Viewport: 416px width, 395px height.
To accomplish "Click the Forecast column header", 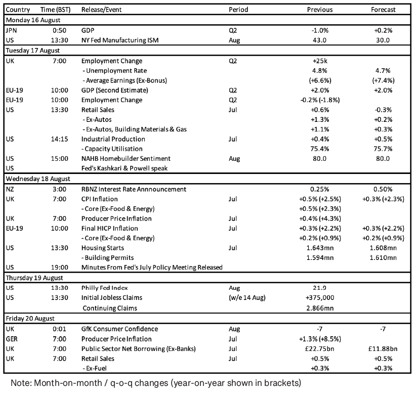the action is pyautogui.click(x=383, y=10).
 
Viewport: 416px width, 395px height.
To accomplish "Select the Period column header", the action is pyautogui.click(x=238, y=10).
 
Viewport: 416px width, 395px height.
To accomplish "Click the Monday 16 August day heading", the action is pyautogui.click(x=33, y=20).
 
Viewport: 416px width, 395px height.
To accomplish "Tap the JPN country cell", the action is pyautogui.click(x=11, y=30).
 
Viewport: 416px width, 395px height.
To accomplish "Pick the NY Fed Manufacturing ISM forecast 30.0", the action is pyautogui.click(x=383, y=40).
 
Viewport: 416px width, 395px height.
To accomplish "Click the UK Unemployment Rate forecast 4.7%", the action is pyautogui.click(x=383, y=71).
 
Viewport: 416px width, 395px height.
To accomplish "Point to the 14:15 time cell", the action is pyautogui.click(x=59, y=139).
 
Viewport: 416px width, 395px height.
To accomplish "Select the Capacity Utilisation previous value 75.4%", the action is pyautogui.click(x=320, y=149).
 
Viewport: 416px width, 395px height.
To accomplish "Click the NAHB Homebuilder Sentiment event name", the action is pyautogui.click(x=126, y=159).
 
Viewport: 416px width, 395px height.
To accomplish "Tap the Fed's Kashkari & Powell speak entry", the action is pyautogui.click(x=124, y=168).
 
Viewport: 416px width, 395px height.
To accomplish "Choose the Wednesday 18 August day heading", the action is pyautogui.click(x=38, y=179).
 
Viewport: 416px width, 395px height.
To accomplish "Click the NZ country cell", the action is pyautogui.click(x=10, y=189).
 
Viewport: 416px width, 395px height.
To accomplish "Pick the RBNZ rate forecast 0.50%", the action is pyautogui.click(x=383, y=189).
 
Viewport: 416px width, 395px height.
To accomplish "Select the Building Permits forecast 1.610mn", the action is pyautogui.click(x=383, y=257).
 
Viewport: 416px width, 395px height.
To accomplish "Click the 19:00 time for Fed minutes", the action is pyautogui.click(x=59, y=268).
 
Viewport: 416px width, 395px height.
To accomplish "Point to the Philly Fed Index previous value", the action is pyautogui.click(x=319, y=288).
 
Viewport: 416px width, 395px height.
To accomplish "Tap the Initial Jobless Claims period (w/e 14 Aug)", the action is pyautogui.click(x=247, y=298).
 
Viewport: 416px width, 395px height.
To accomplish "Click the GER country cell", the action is pyautogui.click(x=12, y=339).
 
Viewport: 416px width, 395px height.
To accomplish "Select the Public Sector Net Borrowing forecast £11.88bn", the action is pyautogui.click(x=383, y=349).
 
